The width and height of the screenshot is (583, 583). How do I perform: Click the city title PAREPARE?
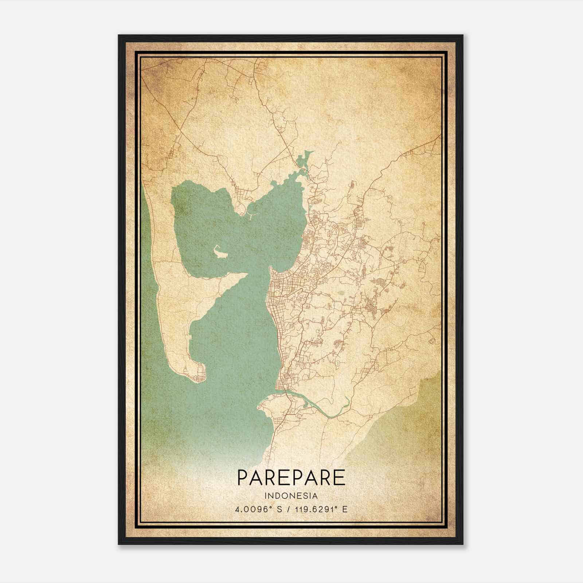[x=291, y=477]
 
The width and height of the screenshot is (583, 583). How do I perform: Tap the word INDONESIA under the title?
[x=291, y=496]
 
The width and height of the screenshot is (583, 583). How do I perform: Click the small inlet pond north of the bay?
[x=303, y=160]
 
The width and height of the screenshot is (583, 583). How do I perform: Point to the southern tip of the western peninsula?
[x=197, y=375]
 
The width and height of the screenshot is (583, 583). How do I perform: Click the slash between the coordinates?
[x=288, y=509]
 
